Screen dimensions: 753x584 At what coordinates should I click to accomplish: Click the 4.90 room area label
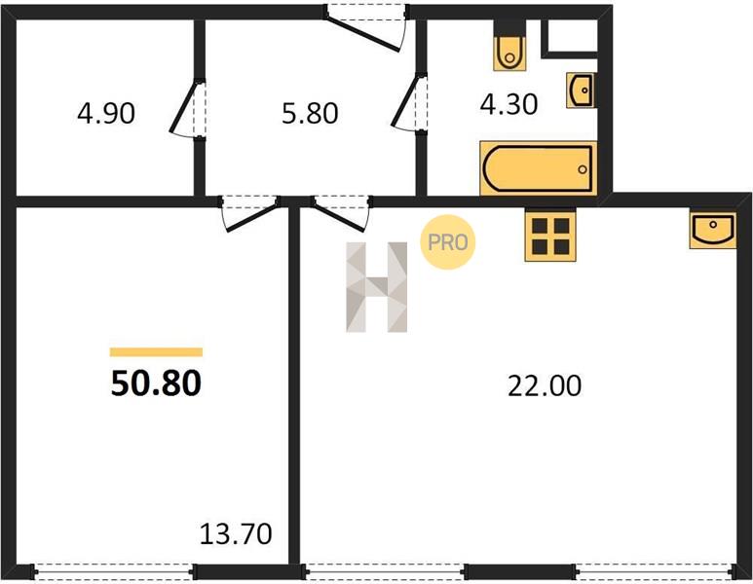(106, 114)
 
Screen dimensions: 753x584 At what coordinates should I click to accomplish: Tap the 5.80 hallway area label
(310, 114)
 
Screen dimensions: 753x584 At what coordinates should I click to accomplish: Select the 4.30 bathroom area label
(508, 104)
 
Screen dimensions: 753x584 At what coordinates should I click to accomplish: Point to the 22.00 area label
(545, 385)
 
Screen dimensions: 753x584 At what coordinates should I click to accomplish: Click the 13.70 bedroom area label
(236, 534)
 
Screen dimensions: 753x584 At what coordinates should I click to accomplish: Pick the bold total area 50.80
(156, 383)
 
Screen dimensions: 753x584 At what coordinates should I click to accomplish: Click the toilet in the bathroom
(509, 46)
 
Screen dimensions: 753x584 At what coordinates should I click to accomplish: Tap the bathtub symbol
(539, 168)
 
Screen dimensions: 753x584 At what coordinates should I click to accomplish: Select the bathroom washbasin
(582, 91)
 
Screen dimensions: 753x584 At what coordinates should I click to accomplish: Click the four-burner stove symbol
(550, 236)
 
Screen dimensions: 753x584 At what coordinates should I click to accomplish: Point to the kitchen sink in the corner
(713, 230)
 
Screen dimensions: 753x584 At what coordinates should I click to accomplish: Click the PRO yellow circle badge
(447, 241)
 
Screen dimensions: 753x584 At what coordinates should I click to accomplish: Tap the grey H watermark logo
(376, 287)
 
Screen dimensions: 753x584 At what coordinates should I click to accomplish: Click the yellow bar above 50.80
(156, 352)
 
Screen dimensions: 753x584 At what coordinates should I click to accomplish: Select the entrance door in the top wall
(367, 26)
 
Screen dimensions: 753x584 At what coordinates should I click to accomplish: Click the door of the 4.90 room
(188, 108)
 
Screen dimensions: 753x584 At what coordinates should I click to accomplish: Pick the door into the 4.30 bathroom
(410, 102)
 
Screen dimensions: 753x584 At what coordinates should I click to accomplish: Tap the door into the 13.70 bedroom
(249, 212)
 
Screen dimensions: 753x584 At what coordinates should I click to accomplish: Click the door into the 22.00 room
(342, 212)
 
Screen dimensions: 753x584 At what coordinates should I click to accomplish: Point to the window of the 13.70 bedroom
(114, 571)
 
